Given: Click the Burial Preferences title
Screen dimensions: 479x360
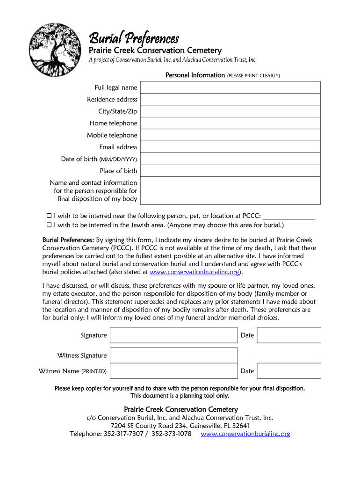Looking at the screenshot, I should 134,37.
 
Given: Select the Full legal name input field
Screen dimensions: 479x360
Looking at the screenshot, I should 230,87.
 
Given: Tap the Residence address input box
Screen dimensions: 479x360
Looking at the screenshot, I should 230,99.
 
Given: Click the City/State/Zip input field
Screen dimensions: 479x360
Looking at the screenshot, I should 230,111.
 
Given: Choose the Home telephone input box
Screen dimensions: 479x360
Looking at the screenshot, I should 230,123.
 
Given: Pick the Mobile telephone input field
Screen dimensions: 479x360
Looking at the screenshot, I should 230,135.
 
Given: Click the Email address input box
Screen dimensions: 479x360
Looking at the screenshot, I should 230,147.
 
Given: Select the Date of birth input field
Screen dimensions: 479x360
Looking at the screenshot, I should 230,159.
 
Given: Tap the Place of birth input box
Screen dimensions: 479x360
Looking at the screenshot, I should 230,171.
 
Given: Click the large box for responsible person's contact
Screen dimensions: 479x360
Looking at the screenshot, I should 230,190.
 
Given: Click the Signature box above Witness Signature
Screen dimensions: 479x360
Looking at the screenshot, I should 173,335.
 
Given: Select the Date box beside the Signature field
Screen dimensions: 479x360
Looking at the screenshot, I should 289,335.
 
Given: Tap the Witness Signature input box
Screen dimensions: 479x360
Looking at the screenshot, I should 173,356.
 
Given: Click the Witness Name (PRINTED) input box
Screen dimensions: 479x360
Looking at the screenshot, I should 173,371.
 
